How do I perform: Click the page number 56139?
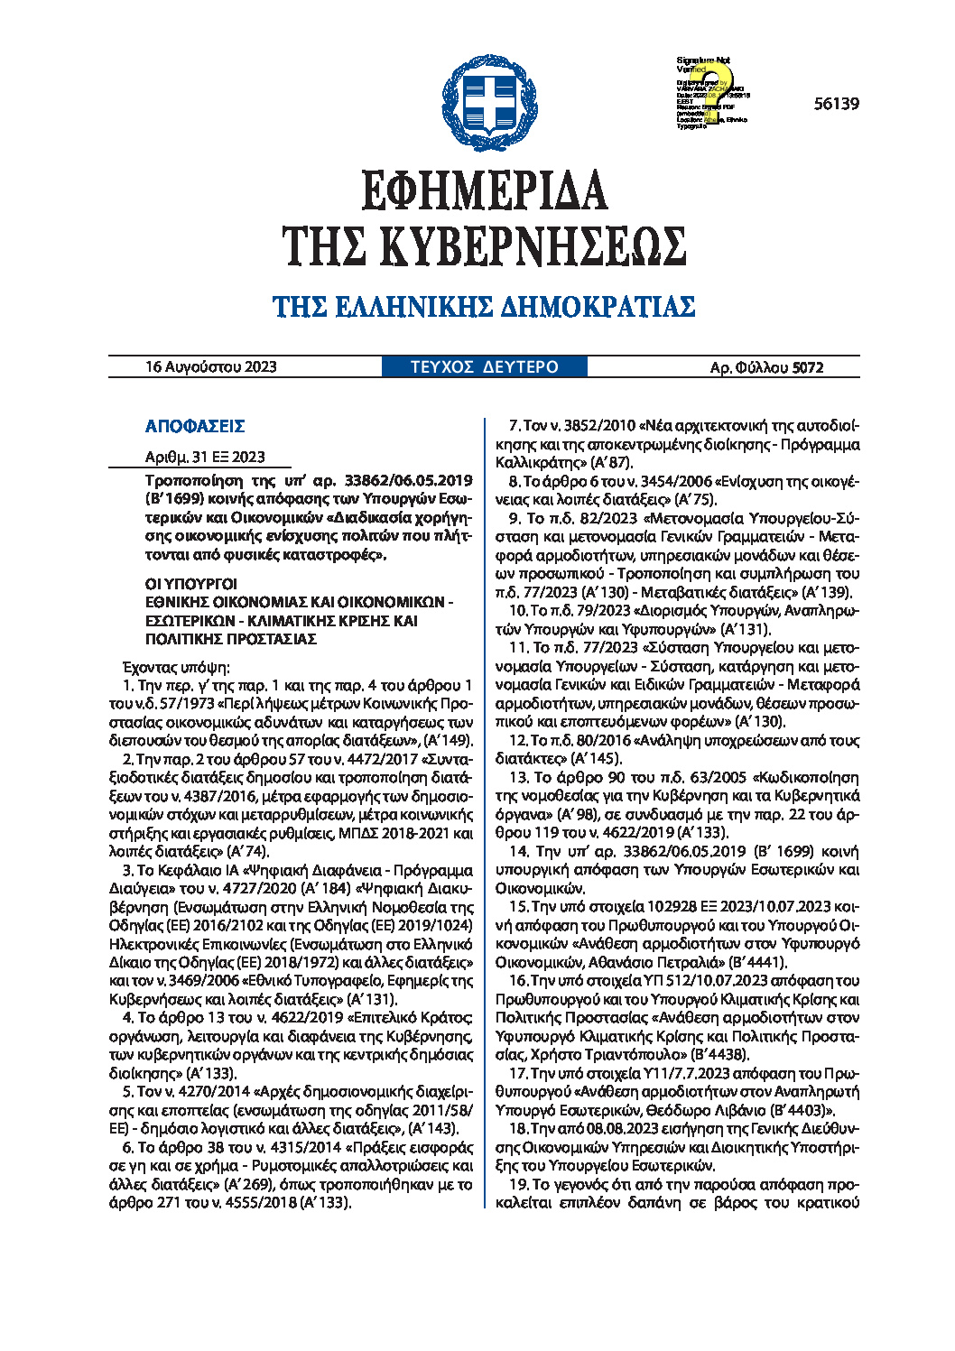836,104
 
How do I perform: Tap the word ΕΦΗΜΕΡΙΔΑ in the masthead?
484,190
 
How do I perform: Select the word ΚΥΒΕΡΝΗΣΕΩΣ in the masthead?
533,245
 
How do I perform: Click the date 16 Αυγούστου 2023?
211,367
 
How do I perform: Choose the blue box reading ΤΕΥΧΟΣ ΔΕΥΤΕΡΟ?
484,367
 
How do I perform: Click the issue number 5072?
808,367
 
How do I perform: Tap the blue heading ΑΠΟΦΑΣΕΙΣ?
195,426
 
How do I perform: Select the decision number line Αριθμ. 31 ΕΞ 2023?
205,457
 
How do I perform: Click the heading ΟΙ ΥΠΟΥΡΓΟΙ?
190,584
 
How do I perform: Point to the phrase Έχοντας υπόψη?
176,668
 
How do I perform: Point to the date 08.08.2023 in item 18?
583,1129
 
